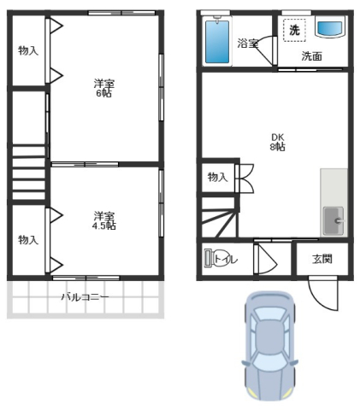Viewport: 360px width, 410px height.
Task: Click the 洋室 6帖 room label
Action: (x=104, y=88)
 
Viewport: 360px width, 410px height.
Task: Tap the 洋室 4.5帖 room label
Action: (x=104, y=220)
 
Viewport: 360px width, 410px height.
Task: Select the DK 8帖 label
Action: (x=278, y=142)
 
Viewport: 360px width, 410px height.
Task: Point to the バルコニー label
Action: (x=86, y=297)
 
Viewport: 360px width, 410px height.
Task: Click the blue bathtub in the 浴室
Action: (x=217, y=42)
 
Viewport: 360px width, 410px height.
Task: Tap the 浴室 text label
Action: (x=248, y=44)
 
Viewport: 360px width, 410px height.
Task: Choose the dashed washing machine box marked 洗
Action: (x=294, y=30)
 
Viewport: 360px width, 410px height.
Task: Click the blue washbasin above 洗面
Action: (x=330, y=28)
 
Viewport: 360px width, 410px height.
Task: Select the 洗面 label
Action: (x=312, y=56)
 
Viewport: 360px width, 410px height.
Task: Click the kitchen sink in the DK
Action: (x=333, y=220)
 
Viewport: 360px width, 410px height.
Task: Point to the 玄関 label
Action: (x=322, y=259)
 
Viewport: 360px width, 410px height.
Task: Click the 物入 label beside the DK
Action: (x=218, y=177)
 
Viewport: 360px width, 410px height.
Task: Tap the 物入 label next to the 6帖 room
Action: (x=28, y=50)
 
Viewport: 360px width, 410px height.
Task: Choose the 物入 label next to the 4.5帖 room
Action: (x=28, y=240)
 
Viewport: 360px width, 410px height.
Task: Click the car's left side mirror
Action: (x=245, y=364)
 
